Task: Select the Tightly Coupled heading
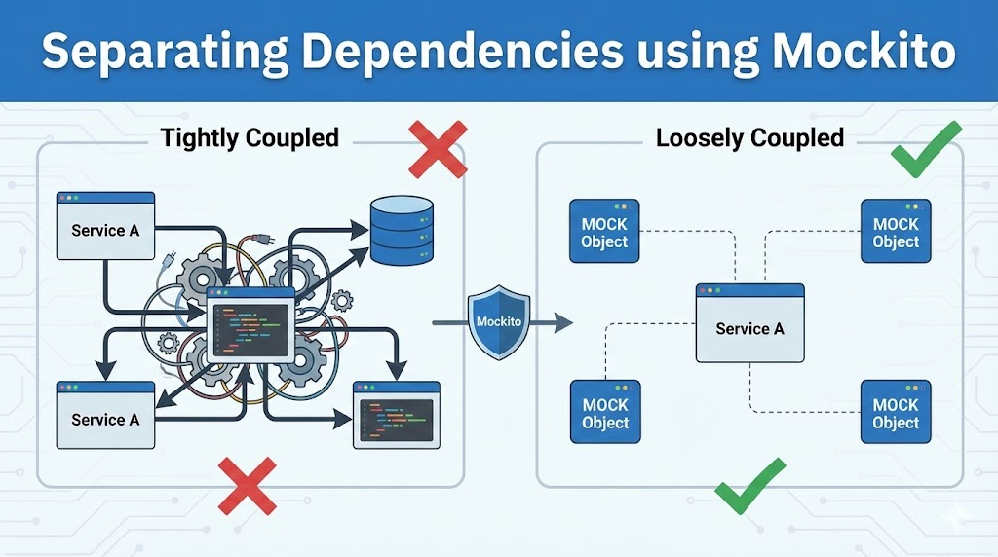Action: tap(250, 137)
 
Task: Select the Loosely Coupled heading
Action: tap(749, 137)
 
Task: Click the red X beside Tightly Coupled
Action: tap(438, 148)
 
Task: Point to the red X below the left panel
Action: tap(247, 486)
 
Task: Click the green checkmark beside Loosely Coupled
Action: tap(925, 149)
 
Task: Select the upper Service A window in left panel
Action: tap(105, 225)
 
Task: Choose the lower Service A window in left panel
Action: tap(105, 414)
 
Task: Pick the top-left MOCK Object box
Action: tap(604, 232)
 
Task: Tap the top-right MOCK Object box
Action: tap(896, 232)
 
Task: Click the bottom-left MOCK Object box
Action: tap(604, 412)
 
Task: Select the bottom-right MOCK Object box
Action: tap(896, 412)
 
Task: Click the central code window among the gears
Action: tap(250, 325)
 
